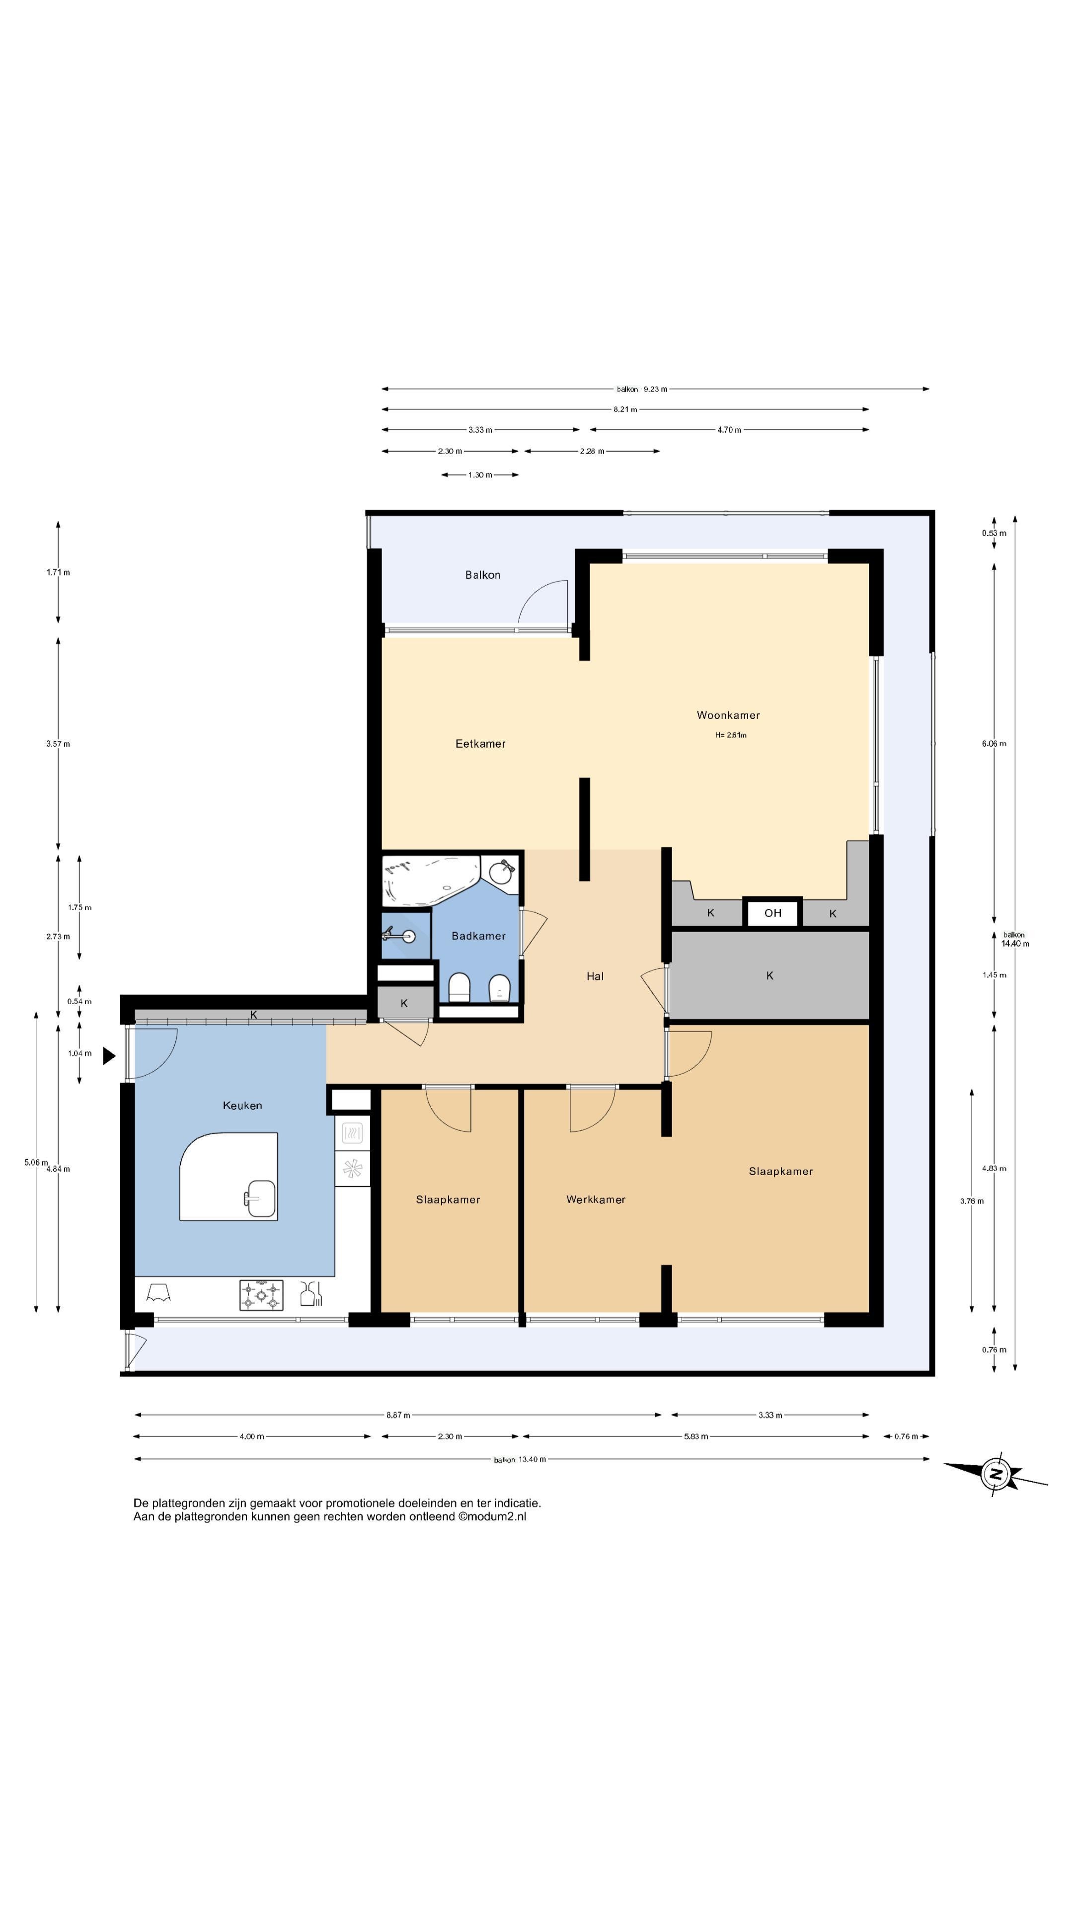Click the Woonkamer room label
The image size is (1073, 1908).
pos(728,715)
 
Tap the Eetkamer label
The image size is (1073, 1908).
pos(480,744)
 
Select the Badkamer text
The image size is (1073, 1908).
pos(478,936)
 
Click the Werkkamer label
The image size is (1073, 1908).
pos(596,1199)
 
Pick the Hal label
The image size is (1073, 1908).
pos(595,976)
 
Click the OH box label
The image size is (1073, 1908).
pos(772,913)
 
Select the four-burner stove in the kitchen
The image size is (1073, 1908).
pos(261,1295)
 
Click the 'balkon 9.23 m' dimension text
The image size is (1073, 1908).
pos(641,389)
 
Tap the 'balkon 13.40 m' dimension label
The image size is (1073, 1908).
pos(520,1459)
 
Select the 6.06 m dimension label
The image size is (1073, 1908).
pos(994,744)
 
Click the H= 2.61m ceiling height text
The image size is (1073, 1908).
pos(731,735)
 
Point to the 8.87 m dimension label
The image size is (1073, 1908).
pos(397,1415)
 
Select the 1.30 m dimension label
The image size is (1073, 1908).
pos(480,475)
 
